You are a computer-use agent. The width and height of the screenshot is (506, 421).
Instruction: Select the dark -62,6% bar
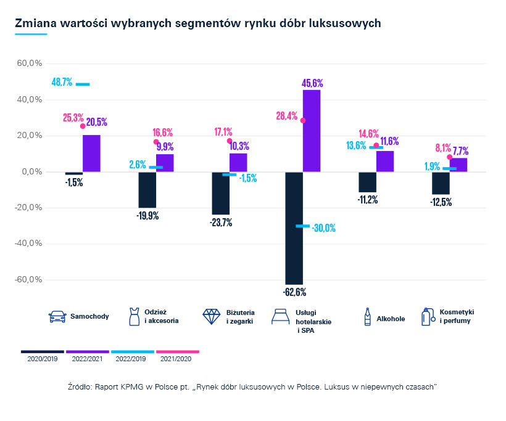point(294,227)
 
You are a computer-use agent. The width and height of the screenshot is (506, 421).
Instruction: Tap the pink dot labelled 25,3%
point(83,126)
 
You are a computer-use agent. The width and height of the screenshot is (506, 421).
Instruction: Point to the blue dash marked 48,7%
point(83,84)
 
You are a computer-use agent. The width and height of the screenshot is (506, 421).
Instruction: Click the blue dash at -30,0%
point(302,226)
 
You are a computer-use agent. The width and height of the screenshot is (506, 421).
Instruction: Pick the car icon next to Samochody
point(57,317)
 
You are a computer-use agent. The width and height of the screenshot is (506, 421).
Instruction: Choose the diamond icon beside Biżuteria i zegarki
point(212,317)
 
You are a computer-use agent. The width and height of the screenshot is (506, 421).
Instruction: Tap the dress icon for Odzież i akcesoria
point(133,317)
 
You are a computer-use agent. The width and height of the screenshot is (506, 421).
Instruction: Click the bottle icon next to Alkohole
point(368,317)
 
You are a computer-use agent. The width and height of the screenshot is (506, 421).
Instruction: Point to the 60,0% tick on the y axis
point(29,63)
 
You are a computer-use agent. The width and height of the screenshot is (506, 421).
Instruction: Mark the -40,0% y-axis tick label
point(28,243)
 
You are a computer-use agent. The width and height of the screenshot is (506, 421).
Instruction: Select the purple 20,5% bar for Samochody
point(91,153)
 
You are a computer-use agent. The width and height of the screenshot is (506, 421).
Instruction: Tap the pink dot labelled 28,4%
point(303,120)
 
